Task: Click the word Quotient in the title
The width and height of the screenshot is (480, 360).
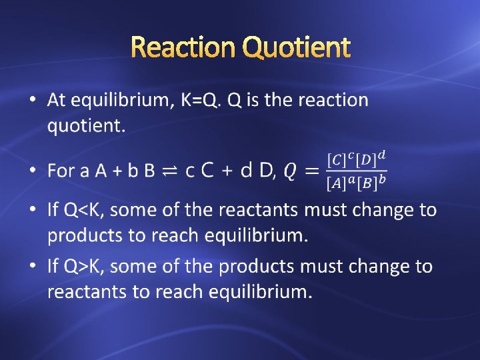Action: pos(296,47)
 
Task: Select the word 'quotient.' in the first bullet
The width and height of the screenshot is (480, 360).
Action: pos(86,126)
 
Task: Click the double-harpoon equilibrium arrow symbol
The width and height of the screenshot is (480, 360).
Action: pos(170,171)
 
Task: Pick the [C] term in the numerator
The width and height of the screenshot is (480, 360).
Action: pos(337,161)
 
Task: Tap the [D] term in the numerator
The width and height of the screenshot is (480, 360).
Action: pos(367,161)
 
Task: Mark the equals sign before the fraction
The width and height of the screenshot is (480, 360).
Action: pos(311,171)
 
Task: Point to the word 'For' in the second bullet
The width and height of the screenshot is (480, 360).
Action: pos(61,171)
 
